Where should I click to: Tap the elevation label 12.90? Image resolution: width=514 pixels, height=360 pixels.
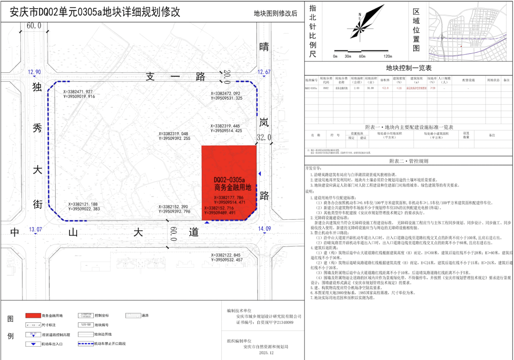[35, 72]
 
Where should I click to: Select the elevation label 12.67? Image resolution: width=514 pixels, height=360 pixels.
[264, 72]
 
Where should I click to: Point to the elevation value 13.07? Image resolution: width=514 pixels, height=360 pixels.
[35, 229]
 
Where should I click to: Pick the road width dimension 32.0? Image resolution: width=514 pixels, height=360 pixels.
[264, 137]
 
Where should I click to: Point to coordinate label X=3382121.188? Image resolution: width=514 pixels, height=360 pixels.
[84, 204]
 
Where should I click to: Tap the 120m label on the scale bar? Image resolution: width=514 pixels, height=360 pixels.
[387, 56]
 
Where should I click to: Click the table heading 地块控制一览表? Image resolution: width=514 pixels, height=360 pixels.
[408, 68]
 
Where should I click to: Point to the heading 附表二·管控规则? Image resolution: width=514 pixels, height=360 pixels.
[408, 161]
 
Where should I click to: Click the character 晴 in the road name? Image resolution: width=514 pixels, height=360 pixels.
[264, 47]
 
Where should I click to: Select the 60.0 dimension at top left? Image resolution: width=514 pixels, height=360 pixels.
[34, 26]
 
